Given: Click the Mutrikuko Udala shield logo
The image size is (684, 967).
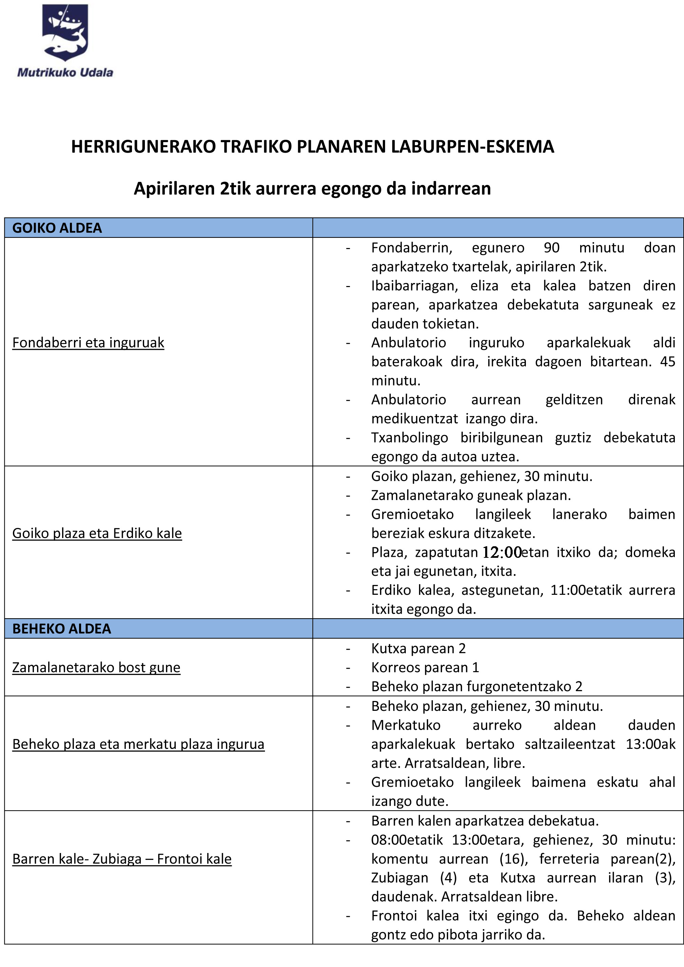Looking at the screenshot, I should click(65, 33).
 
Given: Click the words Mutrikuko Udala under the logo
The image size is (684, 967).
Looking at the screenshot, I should click(65, 73).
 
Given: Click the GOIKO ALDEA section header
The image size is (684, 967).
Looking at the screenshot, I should click(57, 228).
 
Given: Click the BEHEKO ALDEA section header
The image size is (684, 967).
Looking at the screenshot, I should click(61, 628).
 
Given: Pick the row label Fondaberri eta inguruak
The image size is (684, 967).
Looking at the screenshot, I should click(88, 342).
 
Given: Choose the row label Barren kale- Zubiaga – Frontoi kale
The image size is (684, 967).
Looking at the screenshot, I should click(122, 859).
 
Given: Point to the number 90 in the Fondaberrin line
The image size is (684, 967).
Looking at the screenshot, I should click(551, 248).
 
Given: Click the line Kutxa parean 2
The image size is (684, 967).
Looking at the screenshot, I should click(418, 649).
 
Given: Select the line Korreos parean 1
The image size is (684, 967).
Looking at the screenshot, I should click(425, 667).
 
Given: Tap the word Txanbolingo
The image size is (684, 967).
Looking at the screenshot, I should click(410, 438).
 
